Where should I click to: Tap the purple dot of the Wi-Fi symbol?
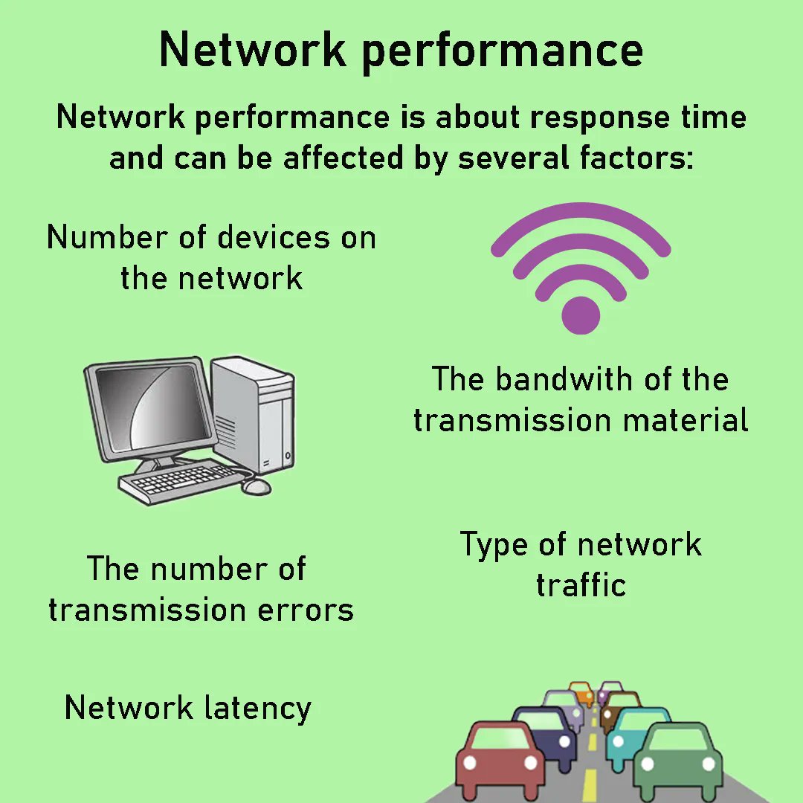(x=581, y=315)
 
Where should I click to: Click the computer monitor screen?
(x=152, y=408)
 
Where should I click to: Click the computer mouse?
(x=257, y=486)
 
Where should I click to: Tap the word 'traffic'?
(x=581, y=585)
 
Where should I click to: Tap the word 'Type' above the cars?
(x=492, y=545)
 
